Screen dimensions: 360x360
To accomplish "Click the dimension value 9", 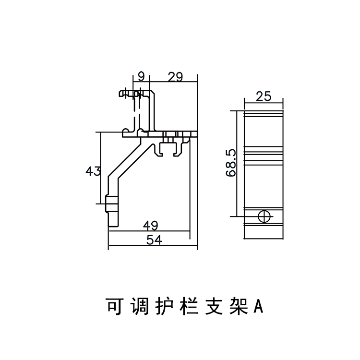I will click(x=141, y=76).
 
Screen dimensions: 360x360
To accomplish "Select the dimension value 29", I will click(x=175, y=76).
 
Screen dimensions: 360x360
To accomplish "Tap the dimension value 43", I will click(x=93, y=170).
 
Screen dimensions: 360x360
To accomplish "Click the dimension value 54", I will click(x=153, y=240).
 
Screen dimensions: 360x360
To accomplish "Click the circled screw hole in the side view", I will click(x=264, y=216).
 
